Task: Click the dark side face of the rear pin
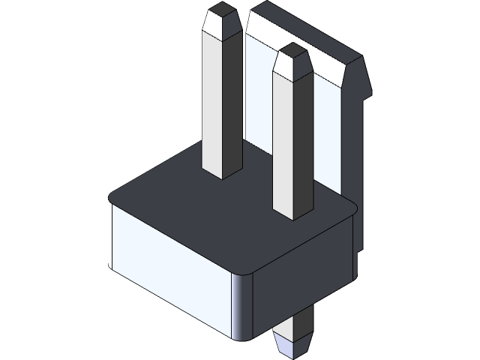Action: (234, 90)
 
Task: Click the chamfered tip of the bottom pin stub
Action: (292, 346)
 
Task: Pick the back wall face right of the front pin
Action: (330, 135)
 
